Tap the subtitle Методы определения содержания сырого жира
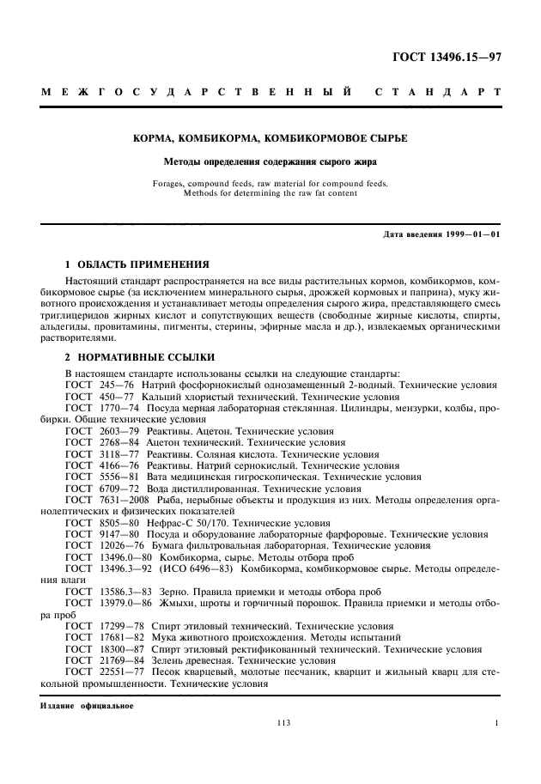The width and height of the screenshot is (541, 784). point(270,161)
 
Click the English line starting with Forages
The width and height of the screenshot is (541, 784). point(270,183)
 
